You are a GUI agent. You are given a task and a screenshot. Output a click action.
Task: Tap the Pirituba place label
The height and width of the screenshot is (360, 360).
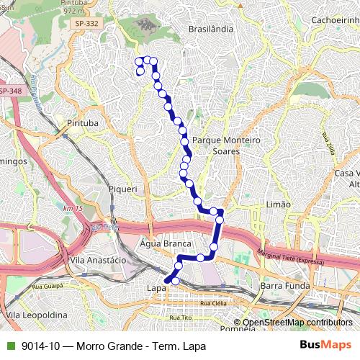[x=81, y=123]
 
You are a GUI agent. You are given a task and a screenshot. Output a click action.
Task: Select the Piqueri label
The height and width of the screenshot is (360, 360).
[x=122, y=189]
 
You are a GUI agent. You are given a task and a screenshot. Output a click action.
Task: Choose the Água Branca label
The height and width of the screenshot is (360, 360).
[x=166, y=243]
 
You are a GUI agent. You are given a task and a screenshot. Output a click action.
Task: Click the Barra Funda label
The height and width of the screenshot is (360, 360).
[x=284, y=286]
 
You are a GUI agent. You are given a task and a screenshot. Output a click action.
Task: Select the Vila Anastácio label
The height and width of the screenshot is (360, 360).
[x=99, y=259]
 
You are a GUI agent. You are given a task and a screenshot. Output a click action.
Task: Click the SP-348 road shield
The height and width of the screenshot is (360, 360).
[x=9, y=91]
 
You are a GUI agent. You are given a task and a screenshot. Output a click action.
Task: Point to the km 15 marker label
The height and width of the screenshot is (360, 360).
[x=73, y=208]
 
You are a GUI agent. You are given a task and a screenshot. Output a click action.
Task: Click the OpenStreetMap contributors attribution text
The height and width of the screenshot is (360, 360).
[x=297, y=322]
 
